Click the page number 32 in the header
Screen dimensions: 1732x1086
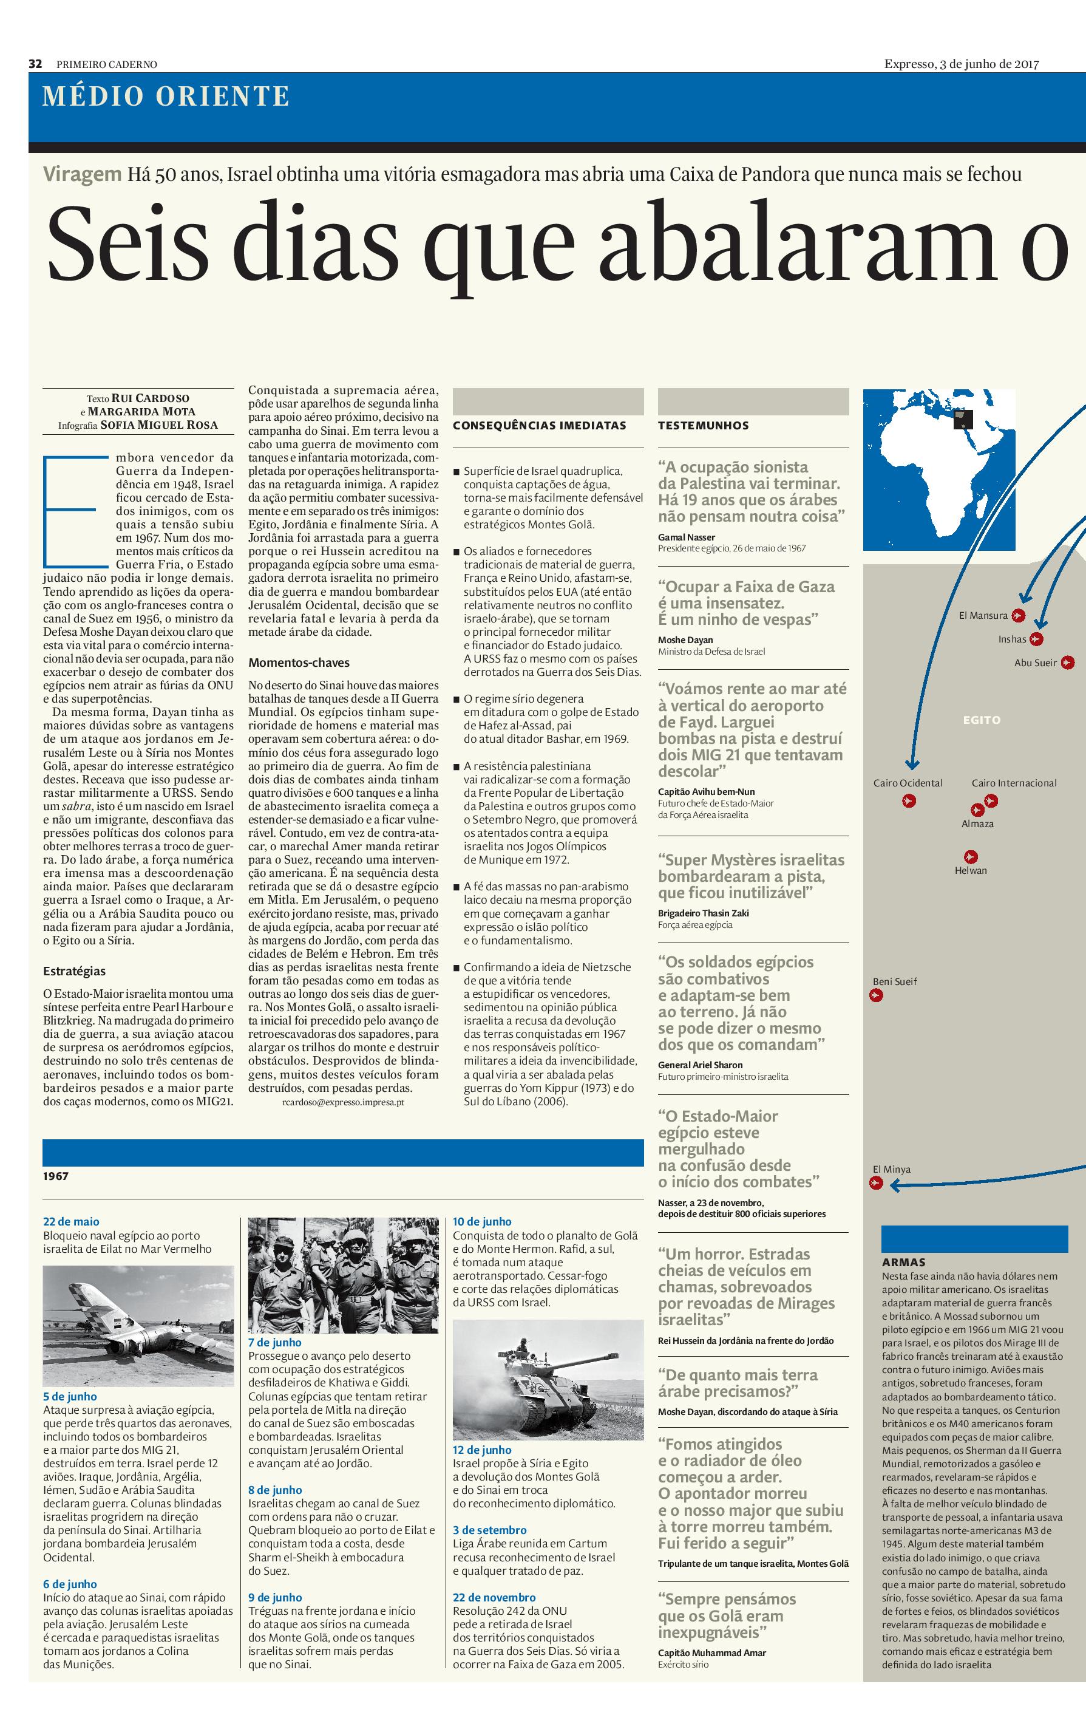(x=35, y=64)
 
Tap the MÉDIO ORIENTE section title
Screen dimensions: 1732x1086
(x=166, y=97)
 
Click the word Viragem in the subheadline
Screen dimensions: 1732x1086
(x=82, y=174)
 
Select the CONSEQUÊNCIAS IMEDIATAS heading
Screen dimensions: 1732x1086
(x=540, y=425)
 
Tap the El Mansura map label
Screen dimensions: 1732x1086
(x=983, y=616)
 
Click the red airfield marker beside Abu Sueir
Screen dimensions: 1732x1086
(x=1067, y=663)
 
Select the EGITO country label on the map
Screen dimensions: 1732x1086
(x=981, y=720)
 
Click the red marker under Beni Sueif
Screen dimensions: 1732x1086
(x=875, y=996)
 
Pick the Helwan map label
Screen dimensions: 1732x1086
(x=971, y=871)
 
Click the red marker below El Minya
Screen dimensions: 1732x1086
(x=875, y=1184)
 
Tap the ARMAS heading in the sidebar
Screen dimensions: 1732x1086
(x=903, y=1262)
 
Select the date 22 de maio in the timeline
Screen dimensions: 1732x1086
(x=71, y=1222)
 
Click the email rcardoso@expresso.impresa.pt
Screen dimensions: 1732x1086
(x=344, y=1102)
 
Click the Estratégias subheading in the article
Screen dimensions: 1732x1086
(x=74, y=971)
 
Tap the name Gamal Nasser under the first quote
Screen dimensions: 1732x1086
(x=686, y=537)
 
